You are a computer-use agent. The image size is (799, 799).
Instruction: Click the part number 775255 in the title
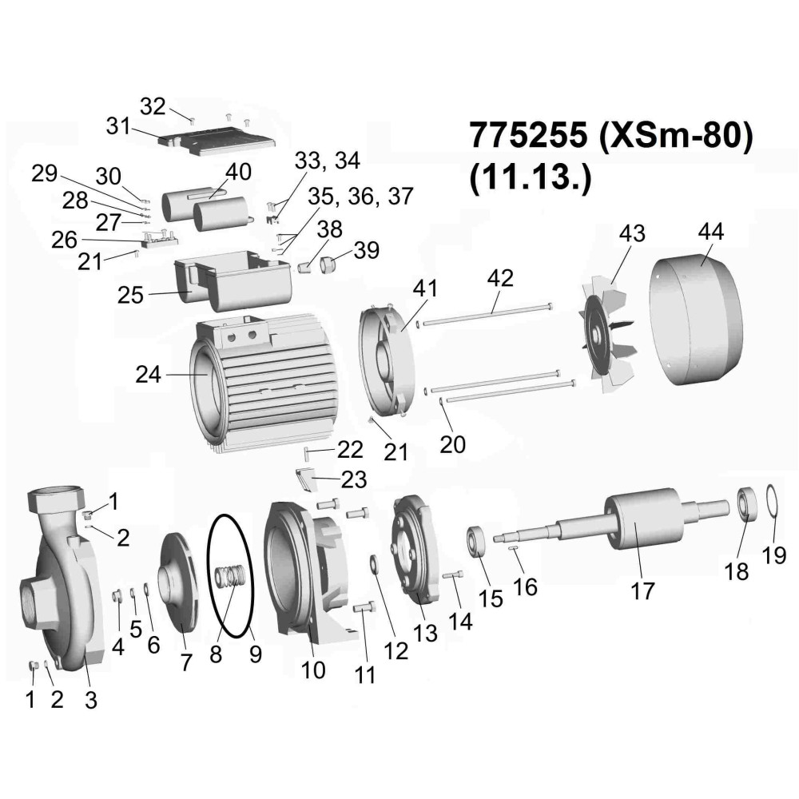click(527, 136)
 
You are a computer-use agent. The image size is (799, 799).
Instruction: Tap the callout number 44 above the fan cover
click(711, 232)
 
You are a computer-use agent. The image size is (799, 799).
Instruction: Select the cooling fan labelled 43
click(609, 335)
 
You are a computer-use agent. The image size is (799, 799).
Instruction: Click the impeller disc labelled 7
click(179, 582)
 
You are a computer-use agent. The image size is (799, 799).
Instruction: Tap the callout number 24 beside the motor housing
click(148, 375)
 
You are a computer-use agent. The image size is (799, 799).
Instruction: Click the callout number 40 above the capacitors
click(238, 172)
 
